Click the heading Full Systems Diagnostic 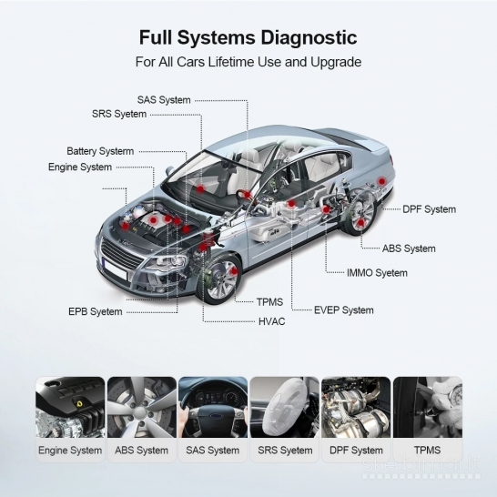point(248,38)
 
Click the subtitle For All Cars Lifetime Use point(248,63)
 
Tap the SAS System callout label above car point(164,99)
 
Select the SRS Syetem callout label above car point(119,114)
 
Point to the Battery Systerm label point(100,151)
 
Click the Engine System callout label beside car point(80,167)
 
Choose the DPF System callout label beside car point(430,209)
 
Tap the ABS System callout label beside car point(409,248)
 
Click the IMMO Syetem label point(377,273)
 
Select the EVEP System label point(344,310)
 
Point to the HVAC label point(272,322)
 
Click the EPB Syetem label point(95,311)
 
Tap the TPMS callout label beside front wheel point(270,301)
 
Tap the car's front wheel point(219,277)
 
